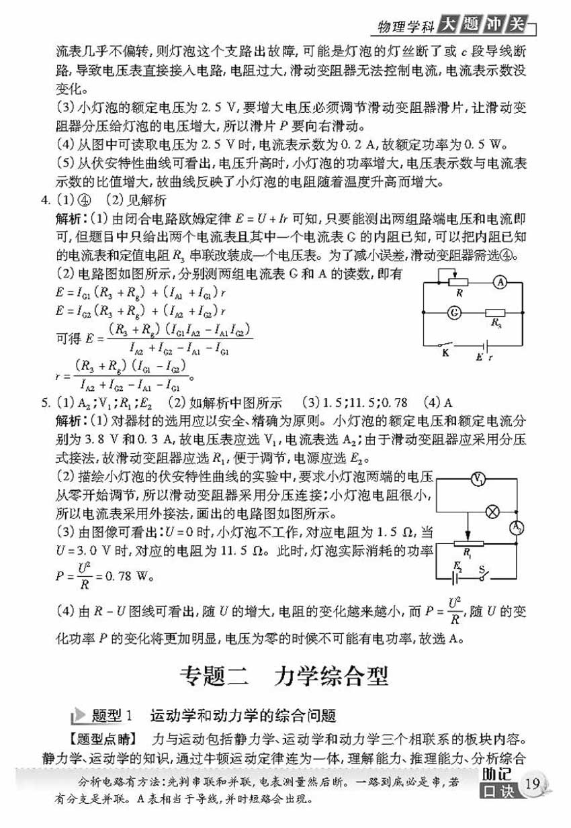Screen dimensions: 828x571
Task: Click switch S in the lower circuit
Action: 482,574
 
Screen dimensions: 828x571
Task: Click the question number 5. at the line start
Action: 45,404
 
